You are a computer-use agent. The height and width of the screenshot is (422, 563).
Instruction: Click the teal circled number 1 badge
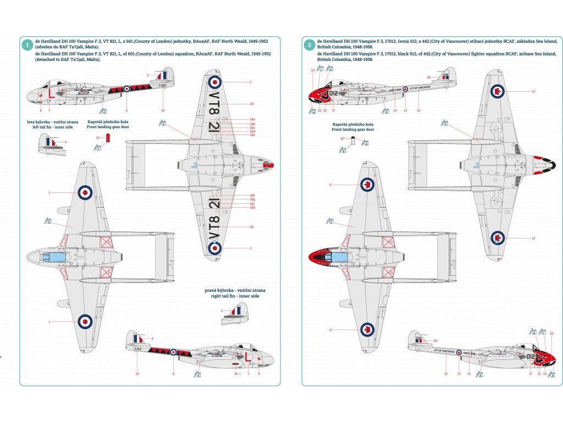26,45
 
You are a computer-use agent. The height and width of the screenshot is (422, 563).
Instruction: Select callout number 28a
252,119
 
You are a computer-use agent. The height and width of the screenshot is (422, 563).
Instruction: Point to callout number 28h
252,207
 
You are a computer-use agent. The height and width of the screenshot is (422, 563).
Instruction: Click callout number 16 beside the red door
97,137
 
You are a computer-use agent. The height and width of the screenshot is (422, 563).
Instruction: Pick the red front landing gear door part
108,137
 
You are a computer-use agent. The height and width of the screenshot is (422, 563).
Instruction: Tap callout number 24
313,70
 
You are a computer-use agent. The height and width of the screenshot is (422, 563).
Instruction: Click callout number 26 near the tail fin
429,77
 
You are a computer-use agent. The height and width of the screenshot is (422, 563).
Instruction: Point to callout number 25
435,341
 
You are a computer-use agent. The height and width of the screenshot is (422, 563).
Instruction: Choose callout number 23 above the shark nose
551,334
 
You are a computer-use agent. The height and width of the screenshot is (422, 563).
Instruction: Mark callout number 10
236,374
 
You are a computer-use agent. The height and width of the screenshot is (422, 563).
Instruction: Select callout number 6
173,374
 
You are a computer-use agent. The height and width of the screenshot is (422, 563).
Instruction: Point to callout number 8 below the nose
41,110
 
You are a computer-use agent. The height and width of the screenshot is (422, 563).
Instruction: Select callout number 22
325,110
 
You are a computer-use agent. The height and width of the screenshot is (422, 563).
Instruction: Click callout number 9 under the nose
258,374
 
